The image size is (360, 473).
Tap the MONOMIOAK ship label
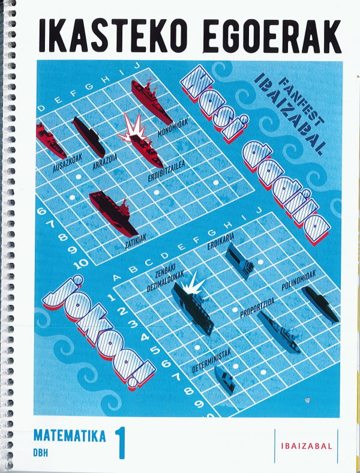point(173,127)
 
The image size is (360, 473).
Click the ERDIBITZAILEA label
point(166,172)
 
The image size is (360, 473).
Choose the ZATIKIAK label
point(136,241)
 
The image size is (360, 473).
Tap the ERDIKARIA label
point(221,241)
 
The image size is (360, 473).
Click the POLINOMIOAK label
point(298,280)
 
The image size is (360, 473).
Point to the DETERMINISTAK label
point(212,361)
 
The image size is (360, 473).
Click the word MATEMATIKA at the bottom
point(70,436)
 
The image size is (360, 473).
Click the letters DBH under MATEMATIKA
point(41,453)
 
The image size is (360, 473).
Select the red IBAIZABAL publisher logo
point(307,446)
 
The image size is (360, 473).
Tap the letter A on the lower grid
point(116,277)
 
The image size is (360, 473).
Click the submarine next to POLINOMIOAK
point(320,305)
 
